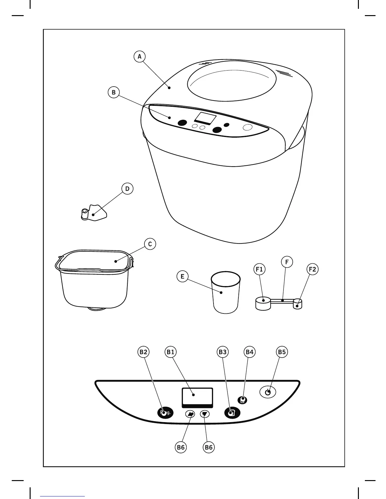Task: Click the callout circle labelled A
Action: (140, 57)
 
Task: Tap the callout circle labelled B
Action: (114, 93)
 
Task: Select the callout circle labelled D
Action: (127, 189)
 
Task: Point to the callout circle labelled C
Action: (150, 244)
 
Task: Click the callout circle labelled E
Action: (182, 277)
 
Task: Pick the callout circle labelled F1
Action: (259, 269)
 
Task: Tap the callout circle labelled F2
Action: (312, 269)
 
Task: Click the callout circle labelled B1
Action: (171, 352)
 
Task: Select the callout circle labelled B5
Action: (282, 352)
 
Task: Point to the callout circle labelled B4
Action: (249, 352)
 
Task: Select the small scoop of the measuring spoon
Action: (298, 304)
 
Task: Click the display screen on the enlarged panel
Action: (197, 396)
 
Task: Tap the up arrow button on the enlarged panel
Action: (190, 414)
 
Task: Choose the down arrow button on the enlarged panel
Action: (205, 414)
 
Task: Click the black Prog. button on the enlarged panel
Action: (165, 413)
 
